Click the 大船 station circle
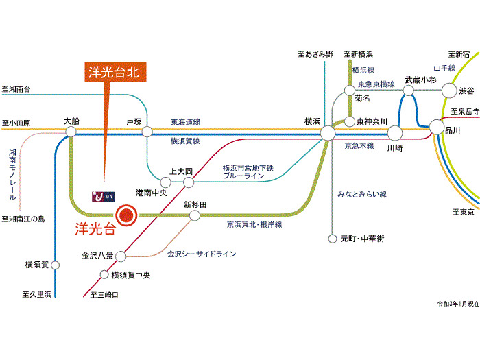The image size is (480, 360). [x=71, y=130]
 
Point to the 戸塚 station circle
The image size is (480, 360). [x=147, y=130]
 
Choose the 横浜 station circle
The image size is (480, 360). [x=326, y=132]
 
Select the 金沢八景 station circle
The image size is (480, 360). [x=121, y=256]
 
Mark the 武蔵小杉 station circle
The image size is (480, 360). [x=413, y=91]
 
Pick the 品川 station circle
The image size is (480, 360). [x=437, y=126]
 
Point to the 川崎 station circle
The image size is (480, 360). [x=394, y=132]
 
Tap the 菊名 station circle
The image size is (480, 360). [x=350, y=90]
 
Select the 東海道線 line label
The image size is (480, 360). [x=185, y=121]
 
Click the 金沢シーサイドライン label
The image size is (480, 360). [x=202, y=254]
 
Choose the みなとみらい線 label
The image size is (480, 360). [x=363, y=194]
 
